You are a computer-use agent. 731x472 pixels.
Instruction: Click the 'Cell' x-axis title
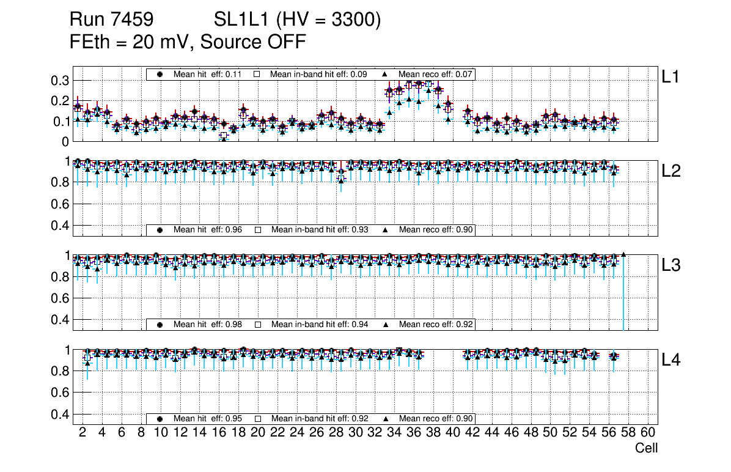pyautogui.click(x=646, y=448)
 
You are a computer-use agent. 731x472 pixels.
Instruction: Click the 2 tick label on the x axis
pyautogui.click(x=83, y=433)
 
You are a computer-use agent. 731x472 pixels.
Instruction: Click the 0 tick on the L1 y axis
pyautogui.click(x=64, y=141)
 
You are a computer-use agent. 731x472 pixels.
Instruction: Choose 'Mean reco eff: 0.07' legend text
pyautogui.click(x=436, y=74)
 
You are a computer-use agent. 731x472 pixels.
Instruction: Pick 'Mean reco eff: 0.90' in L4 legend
pyautogui.click(x=436, y=419)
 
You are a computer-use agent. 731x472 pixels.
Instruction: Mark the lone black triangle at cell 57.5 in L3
pyautogui.click(x=623, y=254)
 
